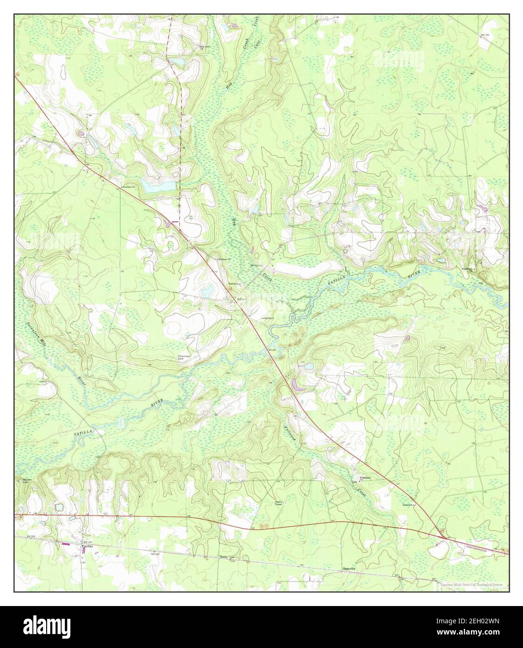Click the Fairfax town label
[x=85, y=546]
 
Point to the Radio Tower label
[x=279, y=503]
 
